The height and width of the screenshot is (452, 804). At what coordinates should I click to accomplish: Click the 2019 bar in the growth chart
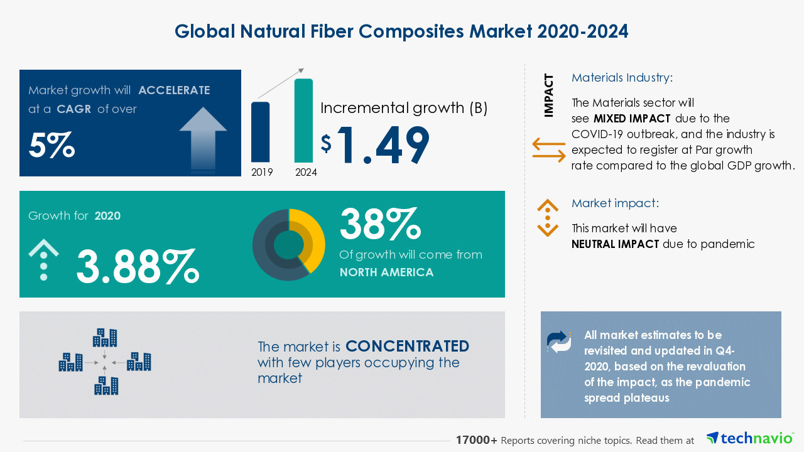click(261, 132)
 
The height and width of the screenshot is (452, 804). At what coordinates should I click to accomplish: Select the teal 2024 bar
click(303, 121)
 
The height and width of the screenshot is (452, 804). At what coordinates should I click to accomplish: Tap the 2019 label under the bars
click(262, 172)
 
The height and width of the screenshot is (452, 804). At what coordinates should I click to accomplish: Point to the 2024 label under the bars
click(306, 172)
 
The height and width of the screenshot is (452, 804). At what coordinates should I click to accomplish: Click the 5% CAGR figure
click(52, 145)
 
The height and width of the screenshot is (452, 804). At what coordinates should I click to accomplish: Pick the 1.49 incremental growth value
click(383, 146)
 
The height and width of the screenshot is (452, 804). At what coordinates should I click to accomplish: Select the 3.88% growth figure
click(138, 266)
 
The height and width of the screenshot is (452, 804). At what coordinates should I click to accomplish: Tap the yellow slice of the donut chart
click(311, 239)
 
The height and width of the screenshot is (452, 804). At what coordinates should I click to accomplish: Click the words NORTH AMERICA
click(386, 272)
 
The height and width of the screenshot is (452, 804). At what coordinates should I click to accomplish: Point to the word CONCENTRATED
click(407, 347)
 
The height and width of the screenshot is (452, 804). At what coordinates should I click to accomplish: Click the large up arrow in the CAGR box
click(203, 138)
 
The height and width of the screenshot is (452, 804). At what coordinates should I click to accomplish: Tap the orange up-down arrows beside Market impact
click(548, 218)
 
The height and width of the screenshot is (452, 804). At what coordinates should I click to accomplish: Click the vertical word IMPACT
click(549, 95)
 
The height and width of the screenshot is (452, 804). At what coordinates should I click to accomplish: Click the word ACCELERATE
click(174, 90)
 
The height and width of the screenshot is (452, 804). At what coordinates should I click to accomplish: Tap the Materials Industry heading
click(622, 78)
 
